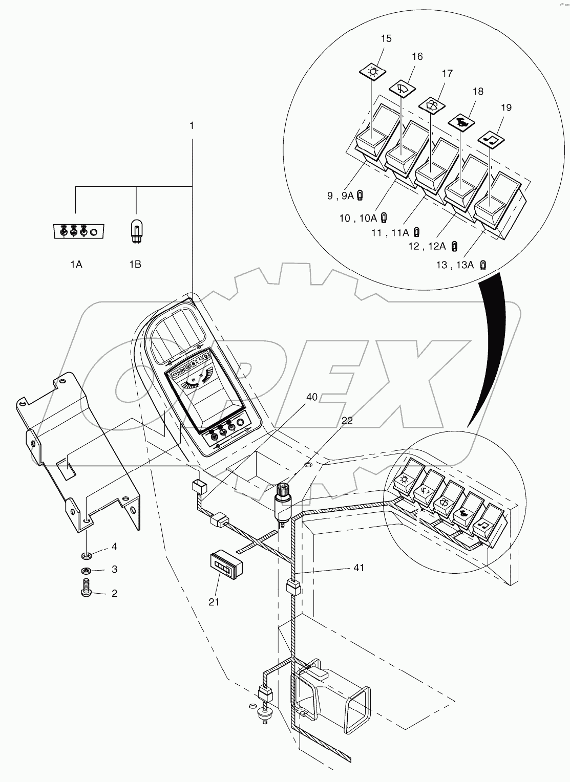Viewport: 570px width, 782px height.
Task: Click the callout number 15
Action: pos(386,38)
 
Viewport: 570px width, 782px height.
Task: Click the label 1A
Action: pos(76,264)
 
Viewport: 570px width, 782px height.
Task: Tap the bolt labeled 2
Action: pos(86,591)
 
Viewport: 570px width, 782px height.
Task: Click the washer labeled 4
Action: pos(87,555)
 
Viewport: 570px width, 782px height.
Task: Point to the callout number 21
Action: pos(214,602)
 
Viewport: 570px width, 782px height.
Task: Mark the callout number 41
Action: pos(359,568)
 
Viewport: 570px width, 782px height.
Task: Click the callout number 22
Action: pos(347,420)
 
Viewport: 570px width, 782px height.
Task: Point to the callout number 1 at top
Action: pos(192,125)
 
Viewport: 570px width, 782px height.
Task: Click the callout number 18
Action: pos(478,92)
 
